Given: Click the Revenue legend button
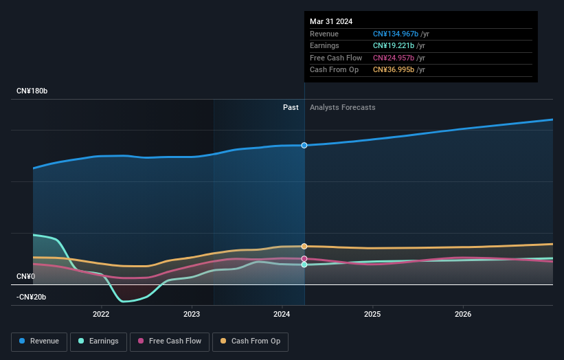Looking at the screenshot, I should click(x=40, y=341).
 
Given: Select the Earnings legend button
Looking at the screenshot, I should click(x=98, y=341).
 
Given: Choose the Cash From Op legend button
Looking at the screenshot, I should click(x=251, y=341).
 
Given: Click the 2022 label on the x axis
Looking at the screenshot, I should click(x=101, y=315).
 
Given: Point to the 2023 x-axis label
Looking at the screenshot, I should click(x=192, y=315).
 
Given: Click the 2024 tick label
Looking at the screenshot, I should click(x=282, y=315).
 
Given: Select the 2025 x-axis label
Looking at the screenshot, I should click(x=372, y=315).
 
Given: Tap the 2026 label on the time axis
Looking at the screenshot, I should click(x=463, y=315).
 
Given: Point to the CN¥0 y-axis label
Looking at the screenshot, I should click(x=27, y=276).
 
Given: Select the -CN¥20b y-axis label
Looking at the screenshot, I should click(x=32, y=297).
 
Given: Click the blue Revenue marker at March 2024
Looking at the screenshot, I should click(x=304, y=145).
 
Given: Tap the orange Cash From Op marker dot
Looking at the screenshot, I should click(x=304, y=246).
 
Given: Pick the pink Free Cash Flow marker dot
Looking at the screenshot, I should click(x=304, y=258).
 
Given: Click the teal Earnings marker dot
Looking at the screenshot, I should click(x=304, y=265).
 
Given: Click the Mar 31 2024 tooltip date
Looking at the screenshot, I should click(x=331, y=21).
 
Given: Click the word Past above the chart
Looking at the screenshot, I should click(x=291, y=107).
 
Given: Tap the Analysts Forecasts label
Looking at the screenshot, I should click(x=343, y=107).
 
